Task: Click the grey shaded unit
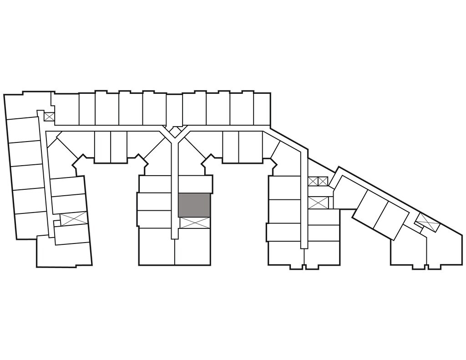coord(194,205)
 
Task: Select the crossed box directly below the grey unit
coord(195,223)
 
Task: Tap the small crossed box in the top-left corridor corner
coord(49,116)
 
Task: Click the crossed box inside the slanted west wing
coord(73,218)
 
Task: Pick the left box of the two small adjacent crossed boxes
coord(313,181)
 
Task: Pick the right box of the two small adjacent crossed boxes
coord(323,181)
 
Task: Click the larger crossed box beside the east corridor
coord(318,202)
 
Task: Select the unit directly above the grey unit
coord(195,184)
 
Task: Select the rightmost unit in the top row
coord(262,108)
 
